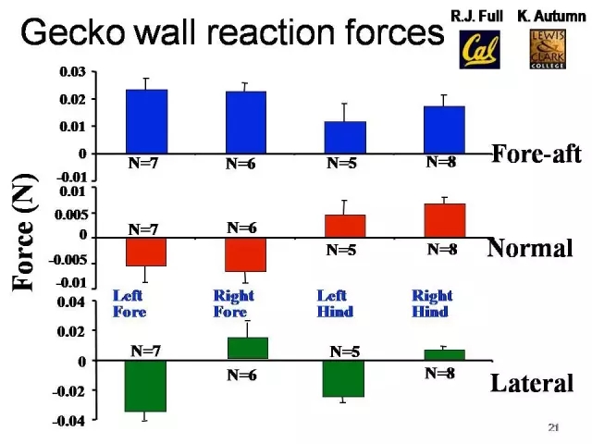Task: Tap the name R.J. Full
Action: tap(476, 16)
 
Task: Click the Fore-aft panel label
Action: tap(536, 154)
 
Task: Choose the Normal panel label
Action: tap(529, 248)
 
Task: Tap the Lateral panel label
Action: tap(532, 383)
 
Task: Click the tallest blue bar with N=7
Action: tap(146, 121)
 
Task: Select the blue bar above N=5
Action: tap(346, 137)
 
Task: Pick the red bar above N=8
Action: tap(444, 220)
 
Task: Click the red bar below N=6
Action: tap(245, 254)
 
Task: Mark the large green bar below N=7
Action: tap(146, 386)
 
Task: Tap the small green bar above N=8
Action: tap(444, 354)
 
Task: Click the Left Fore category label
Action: tap(129, 303)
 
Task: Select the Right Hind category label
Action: tap(431, 303)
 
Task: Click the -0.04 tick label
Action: tap(69, 422)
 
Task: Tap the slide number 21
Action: tap(553, 427)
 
